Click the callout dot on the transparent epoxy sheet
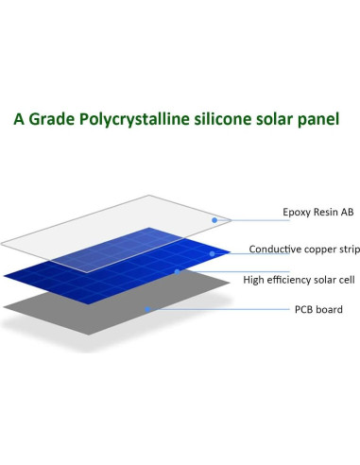tap(215, 220)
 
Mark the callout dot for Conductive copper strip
tap(213, 252)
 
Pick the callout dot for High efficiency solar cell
tap(177, 271)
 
